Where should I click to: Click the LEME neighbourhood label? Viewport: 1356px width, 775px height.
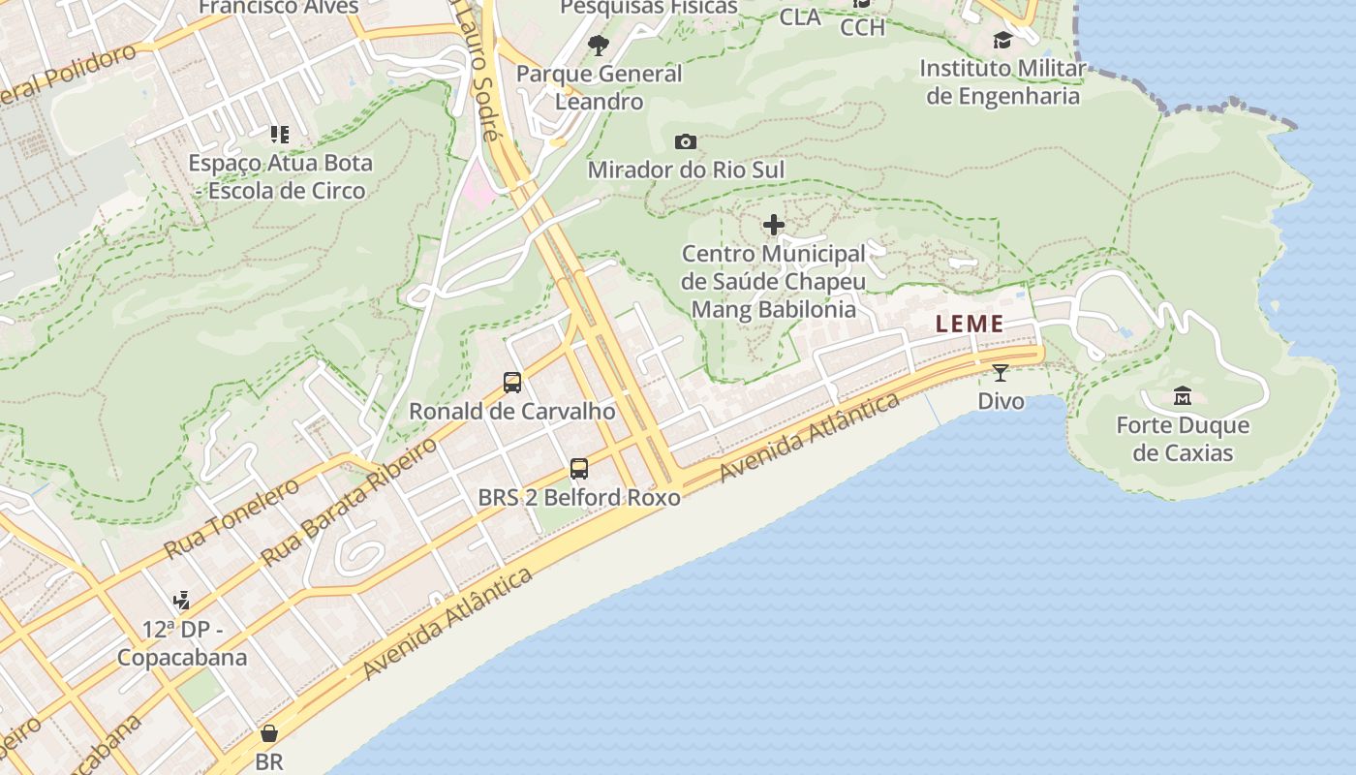[x=970, y=325]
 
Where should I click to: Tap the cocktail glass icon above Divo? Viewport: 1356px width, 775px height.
[x=1001, y=372]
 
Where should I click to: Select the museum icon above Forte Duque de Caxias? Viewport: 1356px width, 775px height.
[x=1183, y=395]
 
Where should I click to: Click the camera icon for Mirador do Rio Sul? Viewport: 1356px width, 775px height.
[x=686, y=141]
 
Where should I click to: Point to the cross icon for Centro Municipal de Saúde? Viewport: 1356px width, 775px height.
[x=774, y=226]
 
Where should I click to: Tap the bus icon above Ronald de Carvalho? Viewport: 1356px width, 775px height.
[x=512, y=383]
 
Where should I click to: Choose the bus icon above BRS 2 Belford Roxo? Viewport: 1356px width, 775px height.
[x=579, y=469]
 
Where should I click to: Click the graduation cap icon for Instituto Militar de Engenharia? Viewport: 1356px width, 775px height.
[x=1002, y=40]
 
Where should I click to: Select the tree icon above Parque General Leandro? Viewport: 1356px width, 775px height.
[x=599, y=44]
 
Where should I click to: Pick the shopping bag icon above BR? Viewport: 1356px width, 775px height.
[x=269, y=733]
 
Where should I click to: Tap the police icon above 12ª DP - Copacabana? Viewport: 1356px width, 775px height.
[x=181, y=602]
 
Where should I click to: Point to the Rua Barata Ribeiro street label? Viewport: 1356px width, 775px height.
[x=349, y=504]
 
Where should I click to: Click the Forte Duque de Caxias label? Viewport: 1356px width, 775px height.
[x=1183, y=439]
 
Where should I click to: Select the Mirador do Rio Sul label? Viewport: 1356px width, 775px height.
[x=686, y=170]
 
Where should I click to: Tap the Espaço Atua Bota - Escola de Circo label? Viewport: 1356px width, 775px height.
[x=280, y=176]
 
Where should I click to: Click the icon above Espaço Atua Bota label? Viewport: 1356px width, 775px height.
[x=280, y=134]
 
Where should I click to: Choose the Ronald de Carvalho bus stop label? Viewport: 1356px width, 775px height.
[x=511, y=411]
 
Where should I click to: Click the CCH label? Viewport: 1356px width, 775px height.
[x=862, y=27]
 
